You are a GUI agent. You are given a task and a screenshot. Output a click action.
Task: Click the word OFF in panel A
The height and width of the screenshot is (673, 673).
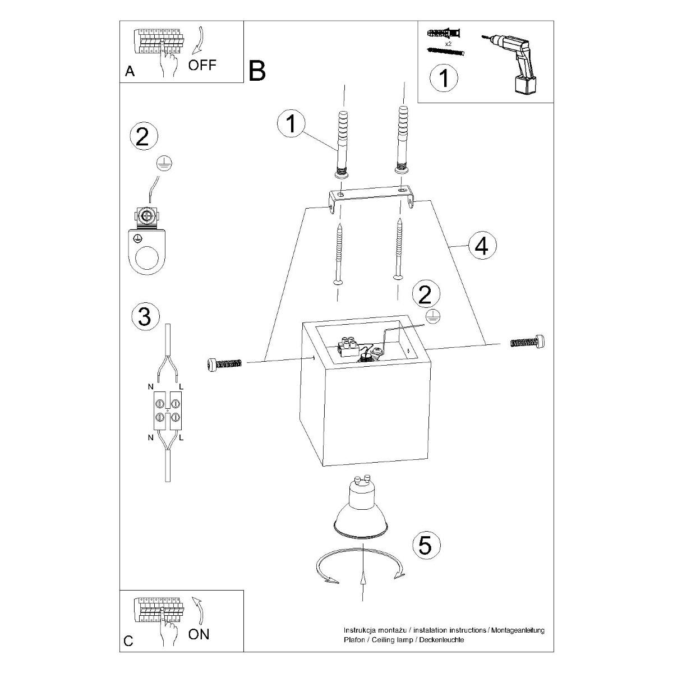coord(202,64)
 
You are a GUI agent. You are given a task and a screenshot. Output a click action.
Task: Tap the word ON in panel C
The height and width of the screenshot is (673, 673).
coord(199,634)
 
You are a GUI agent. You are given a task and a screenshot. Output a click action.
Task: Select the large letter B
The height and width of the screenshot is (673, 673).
coord(256,71)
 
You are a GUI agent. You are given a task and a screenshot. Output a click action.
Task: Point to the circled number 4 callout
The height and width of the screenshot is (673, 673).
coord(482,246)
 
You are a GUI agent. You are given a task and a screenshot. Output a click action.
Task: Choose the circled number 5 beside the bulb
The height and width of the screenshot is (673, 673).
coord(426,545)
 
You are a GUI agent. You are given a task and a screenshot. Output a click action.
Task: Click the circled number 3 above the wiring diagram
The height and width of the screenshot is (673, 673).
coord(145,317)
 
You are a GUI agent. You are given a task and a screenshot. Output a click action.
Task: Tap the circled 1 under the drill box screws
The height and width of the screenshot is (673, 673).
coord(444,78)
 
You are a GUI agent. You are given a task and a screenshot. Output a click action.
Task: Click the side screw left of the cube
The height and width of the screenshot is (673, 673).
coord(224,364)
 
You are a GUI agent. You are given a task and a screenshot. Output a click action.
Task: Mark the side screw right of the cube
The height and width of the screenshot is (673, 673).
coord(528,342)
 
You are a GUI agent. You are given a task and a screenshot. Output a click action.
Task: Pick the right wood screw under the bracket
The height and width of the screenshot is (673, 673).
coord(398,250)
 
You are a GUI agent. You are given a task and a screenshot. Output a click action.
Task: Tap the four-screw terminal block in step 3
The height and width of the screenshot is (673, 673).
coord(167,410)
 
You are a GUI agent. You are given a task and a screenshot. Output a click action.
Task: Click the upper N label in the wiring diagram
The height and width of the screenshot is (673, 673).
coord(150,387)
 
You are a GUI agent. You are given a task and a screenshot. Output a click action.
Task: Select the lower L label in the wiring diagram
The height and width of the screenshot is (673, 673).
coord(182,437)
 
